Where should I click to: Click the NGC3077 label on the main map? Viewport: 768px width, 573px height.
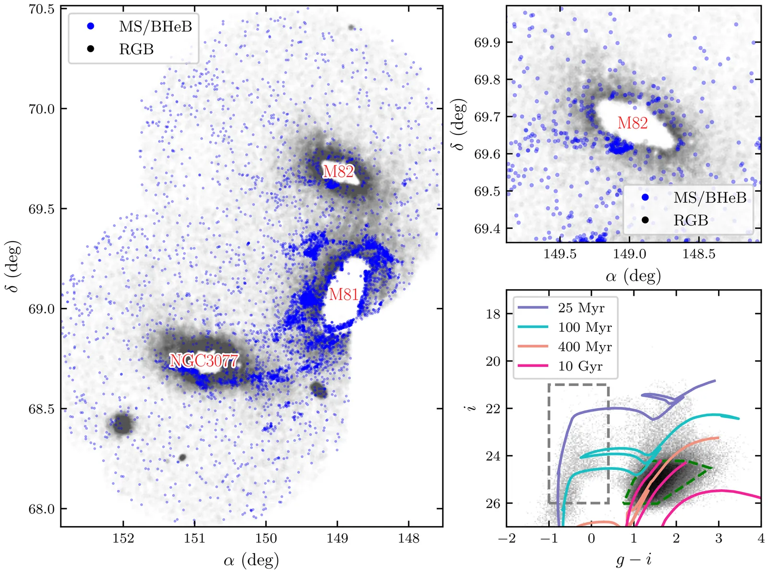(204, 361)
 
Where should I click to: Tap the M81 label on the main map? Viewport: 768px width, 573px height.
(344, 294)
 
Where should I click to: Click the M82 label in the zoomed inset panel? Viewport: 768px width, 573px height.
(633, 123)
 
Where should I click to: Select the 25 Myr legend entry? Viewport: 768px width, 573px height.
(581, 308)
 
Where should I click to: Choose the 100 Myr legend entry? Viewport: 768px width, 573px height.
(585, 327)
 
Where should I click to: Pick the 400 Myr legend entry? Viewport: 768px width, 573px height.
(585, 347)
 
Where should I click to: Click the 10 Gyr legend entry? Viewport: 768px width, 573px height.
(580, 366)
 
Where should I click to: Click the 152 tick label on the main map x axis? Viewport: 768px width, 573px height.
(123, 538)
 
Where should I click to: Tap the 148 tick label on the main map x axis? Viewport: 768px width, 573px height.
(408, 538)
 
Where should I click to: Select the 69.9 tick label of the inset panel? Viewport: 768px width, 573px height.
(487, 43)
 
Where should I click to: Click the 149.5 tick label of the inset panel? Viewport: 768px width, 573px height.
(560, 254)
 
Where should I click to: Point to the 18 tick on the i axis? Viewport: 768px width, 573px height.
(493, 314)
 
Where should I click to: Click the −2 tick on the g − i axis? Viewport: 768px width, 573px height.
(507, 538)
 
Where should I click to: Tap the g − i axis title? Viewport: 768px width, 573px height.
(634, 559)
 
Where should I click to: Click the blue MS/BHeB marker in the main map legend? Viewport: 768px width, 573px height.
(90, 26)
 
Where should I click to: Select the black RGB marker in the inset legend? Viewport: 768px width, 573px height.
(645, 220)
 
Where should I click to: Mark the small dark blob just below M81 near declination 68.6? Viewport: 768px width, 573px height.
(318, 390)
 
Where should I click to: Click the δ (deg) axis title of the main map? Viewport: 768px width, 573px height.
(14, 266)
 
